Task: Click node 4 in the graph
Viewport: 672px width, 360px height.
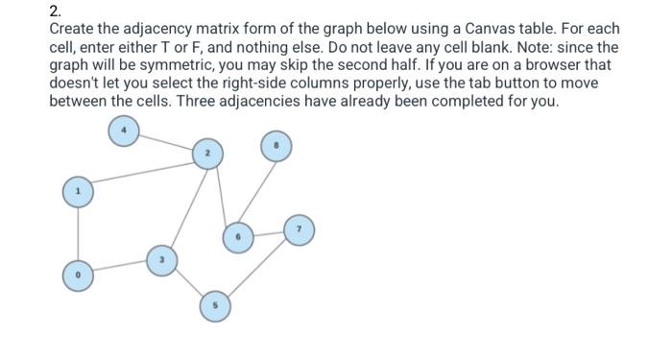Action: [123, 132]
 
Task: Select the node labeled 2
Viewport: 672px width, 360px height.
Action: [207, 154]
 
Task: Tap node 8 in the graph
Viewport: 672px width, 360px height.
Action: [276, 148]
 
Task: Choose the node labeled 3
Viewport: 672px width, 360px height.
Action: [161, 259]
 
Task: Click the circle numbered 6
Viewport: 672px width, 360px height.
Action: [235, 234]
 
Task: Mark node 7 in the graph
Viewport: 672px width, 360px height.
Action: [299, 230]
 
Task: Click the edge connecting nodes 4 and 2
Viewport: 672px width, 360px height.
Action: [165, 143]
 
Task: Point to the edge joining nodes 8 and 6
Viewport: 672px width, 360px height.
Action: [255, 191]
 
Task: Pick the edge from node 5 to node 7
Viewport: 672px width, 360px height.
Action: [256, 268]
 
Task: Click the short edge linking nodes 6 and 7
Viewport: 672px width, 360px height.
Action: [267, 232]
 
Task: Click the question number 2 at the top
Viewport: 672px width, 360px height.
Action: [54, 12]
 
